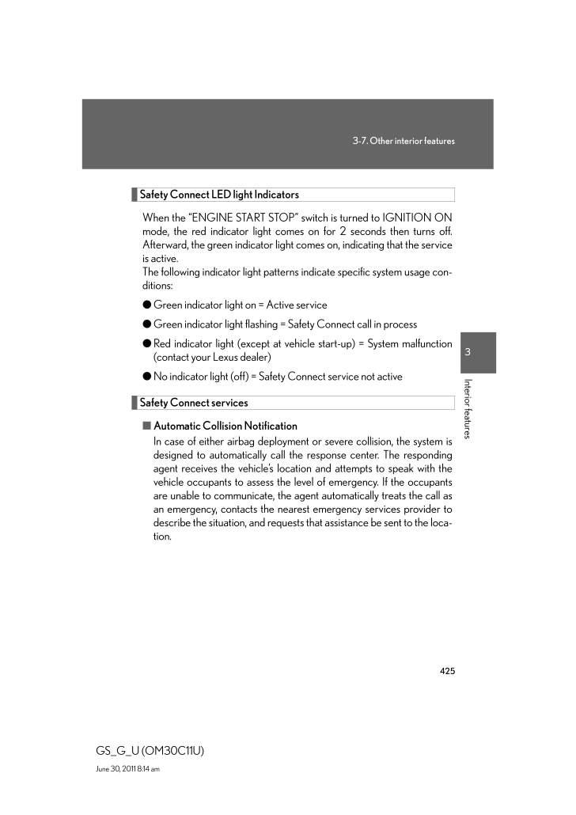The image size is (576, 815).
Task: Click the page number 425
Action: (x=447, y=671)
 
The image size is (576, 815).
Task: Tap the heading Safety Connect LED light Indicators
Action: (x=219, y=195)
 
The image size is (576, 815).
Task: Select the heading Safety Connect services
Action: (x=194, y=404)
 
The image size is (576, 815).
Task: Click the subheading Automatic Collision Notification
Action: (x=225, y=426)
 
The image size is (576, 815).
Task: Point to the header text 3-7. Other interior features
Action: (x=404, y=141)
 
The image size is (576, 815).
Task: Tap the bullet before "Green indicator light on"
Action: (x=147, y=305)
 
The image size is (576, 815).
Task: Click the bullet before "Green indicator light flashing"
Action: (x=147, y=324)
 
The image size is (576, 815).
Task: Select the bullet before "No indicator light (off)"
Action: (x=147, y=377)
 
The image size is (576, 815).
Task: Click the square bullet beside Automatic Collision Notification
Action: (x=147, y=426)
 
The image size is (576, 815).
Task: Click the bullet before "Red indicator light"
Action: (x=147, y=344)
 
